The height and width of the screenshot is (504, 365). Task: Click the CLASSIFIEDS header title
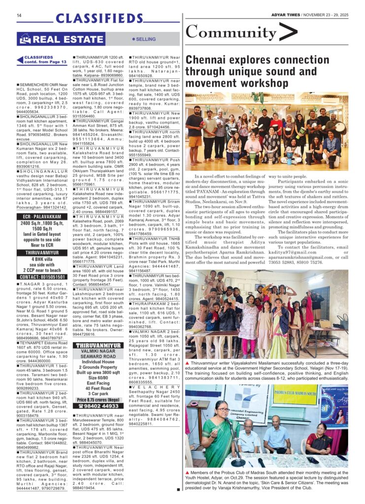pos(99,19)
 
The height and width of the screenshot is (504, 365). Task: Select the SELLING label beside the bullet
pos(145,39)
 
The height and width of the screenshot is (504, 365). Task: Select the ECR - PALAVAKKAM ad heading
pos(40,216)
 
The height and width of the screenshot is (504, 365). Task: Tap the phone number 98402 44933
pos(101,407)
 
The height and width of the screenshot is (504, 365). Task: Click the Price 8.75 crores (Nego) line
pos(98,399)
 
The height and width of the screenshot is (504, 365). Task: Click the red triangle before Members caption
pos(187,472)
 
